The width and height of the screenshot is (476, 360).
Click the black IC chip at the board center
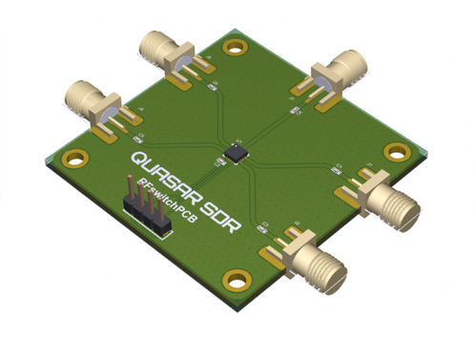click(235, 151)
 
